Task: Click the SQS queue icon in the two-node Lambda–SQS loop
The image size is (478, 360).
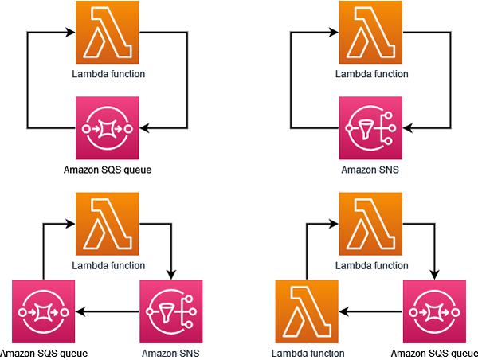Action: tap(107, 127)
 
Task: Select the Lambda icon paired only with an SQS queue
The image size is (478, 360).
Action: tap(107, 33)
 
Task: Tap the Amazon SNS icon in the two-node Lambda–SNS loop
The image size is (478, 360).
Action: tap(370, 127)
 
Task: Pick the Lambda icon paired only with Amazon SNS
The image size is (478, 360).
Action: tap(370, 33)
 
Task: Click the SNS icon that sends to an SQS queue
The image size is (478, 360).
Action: tap(171, 311)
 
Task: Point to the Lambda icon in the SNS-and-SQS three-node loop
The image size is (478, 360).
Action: tap(107, 224)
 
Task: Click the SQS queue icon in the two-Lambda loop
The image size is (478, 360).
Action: tap(433, 311)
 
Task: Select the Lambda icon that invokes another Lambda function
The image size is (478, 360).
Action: tap(370, 224)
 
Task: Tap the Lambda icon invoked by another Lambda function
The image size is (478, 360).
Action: tap(307, 311)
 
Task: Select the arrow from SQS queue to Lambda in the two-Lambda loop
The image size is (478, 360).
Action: tap(370, 311)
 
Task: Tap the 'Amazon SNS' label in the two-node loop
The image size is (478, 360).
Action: tap(370, 169)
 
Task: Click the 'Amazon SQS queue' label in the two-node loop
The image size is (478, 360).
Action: tap(107, 169)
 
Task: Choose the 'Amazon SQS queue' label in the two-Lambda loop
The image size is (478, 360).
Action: tap(435, 353)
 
